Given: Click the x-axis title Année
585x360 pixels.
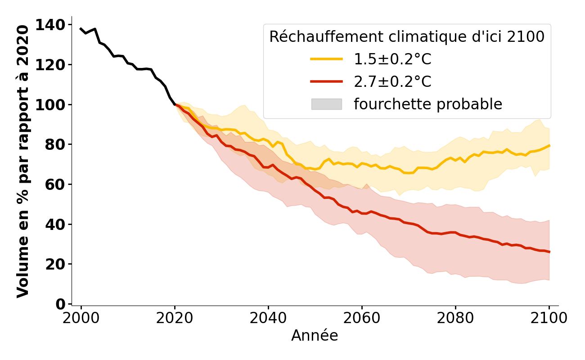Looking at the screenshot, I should point(315,336).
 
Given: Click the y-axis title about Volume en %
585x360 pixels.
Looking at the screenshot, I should point(23,161).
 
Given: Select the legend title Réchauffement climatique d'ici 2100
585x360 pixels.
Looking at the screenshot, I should point(407,37).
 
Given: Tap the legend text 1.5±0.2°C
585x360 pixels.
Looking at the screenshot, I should point(392,59).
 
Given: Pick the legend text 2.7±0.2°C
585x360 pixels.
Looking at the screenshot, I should point(392,82).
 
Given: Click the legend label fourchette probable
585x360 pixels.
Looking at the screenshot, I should point(427,104).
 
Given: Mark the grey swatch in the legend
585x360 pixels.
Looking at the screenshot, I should point(326,104).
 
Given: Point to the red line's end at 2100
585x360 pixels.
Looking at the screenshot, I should point(549,252).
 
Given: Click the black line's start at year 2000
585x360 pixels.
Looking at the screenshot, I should point(81,29).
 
